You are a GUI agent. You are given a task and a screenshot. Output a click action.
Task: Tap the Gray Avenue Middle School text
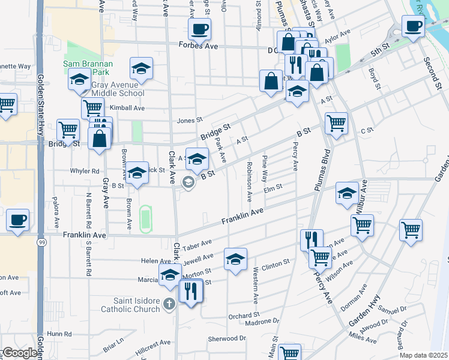118,89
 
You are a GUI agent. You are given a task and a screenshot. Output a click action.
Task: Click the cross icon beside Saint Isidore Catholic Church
170,305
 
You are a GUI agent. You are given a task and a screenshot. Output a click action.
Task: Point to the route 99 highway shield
41,242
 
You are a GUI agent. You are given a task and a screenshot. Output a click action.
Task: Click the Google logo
19,353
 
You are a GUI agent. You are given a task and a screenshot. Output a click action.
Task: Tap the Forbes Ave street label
197,44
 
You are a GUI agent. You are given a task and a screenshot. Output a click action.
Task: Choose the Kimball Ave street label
127,108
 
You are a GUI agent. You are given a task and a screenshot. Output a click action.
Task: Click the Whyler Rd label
84,171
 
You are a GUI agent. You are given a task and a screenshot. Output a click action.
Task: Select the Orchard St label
243,315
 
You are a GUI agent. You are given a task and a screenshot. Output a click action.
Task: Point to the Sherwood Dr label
227,338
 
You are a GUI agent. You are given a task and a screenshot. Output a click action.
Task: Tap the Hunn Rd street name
59,334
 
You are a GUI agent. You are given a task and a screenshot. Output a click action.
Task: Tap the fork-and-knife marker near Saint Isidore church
191,292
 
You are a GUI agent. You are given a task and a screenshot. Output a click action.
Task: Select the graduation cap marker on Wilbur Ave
346,193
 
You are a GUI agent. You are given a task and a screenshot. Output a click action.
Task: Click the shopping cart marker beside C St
336,123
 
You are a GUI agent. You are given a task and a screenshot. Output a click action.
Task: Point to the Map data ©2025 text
424,355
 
